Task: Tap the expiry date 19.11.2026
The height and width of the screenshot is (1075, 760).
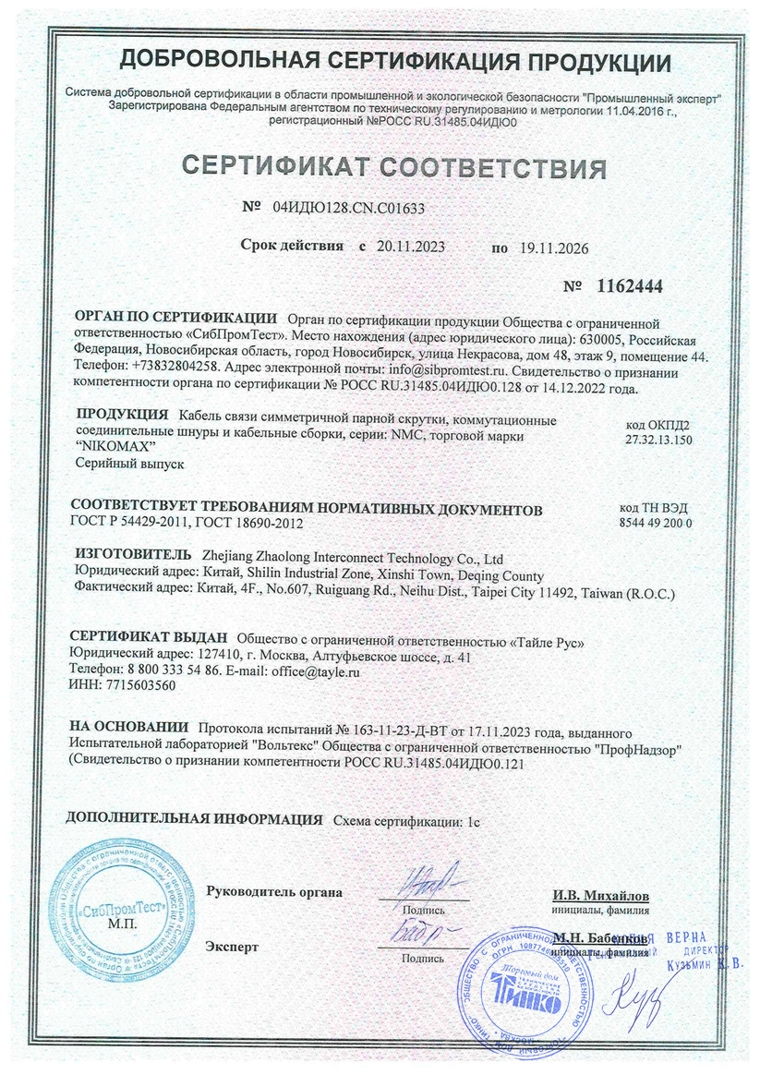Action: pyautogui.click(x=551, y=248)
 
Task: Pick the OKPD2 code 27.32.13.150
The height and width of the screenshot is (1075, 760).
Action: pyautogui.click(x=657, y=440)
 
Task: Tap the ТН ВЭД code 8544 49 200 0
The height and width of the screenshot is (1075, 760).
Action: pyautogui.click(x=657, y=523)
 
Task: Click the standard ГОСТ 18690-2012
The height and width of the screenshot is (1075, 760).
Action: pyautogui.click(x=249, y=524)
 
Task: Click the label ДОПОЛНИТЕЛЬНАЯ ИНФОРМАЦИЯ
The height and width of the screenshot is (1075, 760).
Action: pyautogui.click(x=195, y=819)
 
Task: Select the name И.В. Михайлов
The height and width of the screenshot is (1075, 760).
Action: pyautogui.click(x=601, y=896)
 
